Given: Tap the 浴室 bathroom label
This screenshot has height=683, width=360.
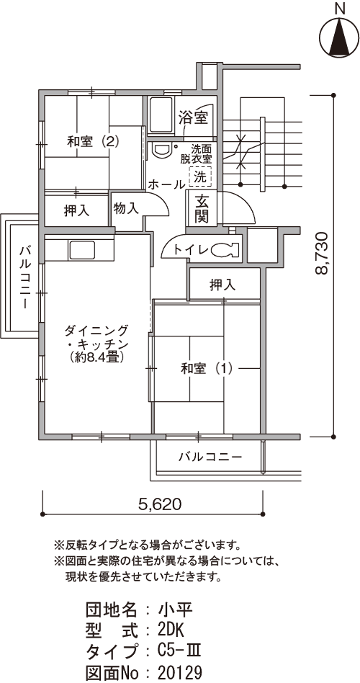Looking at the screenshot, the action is (193, 117).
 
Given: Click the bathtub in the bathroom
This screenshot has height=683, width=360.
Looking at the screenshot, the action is (161, 115).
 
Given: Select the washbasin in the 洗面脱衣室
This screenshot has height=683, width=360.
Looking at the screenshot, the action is (161, 151).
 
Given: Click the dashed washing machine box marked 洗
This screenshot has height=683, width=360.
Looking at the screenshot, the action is (200, 177).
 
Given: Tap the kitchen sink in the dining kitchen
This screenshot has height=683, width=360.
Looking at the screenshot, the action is (81, 249).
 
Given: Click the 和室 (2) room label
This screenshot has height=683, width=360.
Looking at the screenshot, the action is (93, 141).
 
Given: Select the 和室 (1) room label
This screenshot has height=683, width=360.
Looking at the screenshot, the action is (207, 369).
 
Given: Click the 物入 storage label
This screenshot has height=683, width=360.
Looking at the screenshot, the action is (126, 209).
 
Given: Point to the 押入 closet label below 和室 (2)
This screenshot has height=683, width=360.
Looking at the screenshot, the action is (76, 211).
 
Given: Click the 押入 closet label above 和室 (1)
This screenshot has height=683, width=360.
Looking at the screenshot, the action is (222, 285).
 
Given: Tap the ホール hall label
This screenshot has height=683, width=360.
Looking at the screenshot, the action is (167, 184).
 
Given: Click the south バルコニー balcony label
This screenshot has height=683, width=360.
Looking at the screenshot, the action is (210, 457).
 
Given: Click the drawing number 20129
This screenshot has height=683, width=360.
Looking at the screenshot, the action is (180, 671).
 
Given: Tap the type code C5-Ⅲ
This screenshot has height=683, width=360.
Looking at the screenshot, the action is (179, 651).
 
